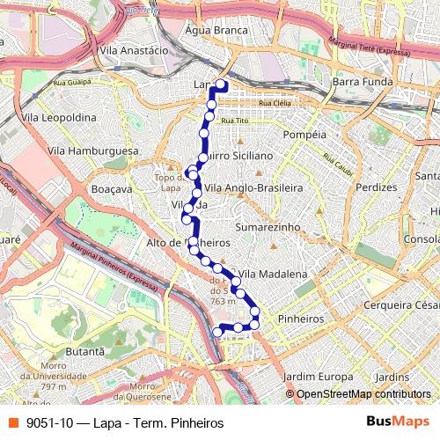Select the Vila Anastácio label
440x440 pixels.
(135, 51)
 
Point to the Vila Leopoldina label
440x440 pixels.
(58, 116)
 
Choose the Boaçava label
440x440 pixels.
(111, 188)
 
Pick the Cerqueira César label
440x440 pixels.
(401, 305)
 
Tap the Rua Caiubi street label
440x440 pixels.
(337, 165)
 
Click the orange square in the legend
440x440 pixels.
(13, 422)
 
